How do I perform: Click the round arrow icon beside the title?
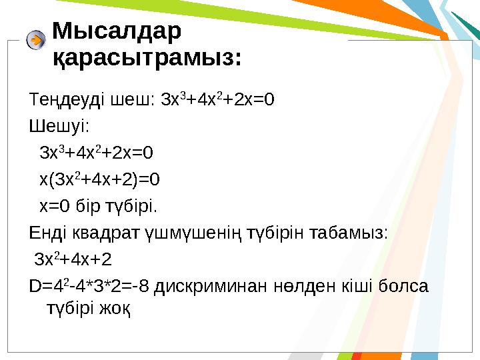(x=36, y=40)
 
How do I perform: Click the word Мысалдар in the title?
(x=116, y=31)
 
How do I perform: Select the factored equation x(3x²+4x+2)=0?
(x=100, y=179)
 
